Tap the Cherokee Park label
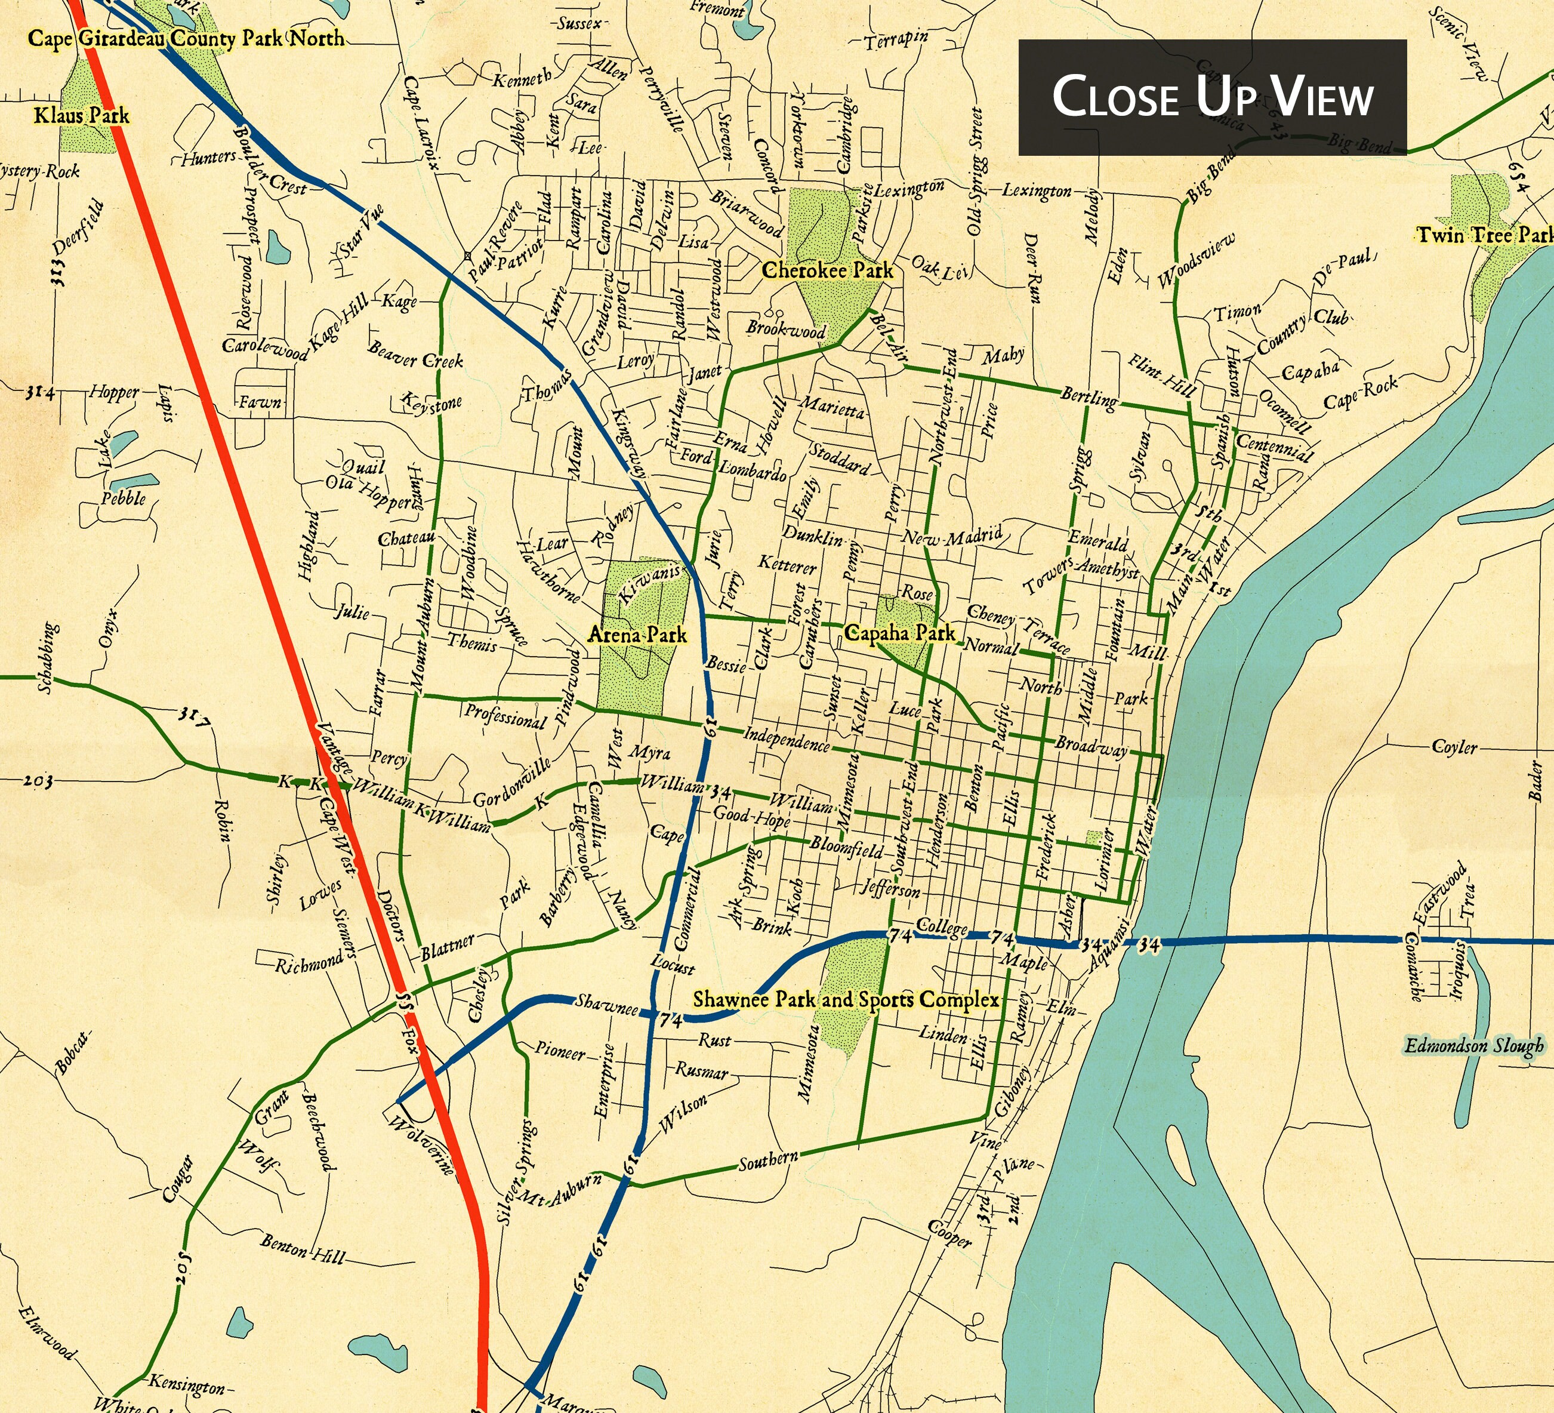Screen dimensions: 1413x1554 click(x=827, y=270)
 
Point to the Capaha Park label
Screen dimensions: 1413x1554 click(x=899, y=633)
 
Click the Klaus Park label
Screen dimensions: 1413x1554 click(x=81, y=116)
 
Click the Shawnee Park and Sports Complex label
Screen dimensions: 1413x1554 click(x=846, y=1000)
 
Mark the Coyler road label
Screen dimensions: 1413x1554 click(x=1454, y=746)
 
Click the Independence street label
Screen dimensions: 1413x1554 click(x=787, y=738)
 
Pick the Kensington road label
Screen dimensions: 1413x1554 click(x=187, y=1384)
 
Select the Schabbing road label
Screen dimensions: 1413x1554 click(x=47, y=658)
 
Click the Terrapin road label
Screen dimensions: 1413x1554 click(x=896, y=40)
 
